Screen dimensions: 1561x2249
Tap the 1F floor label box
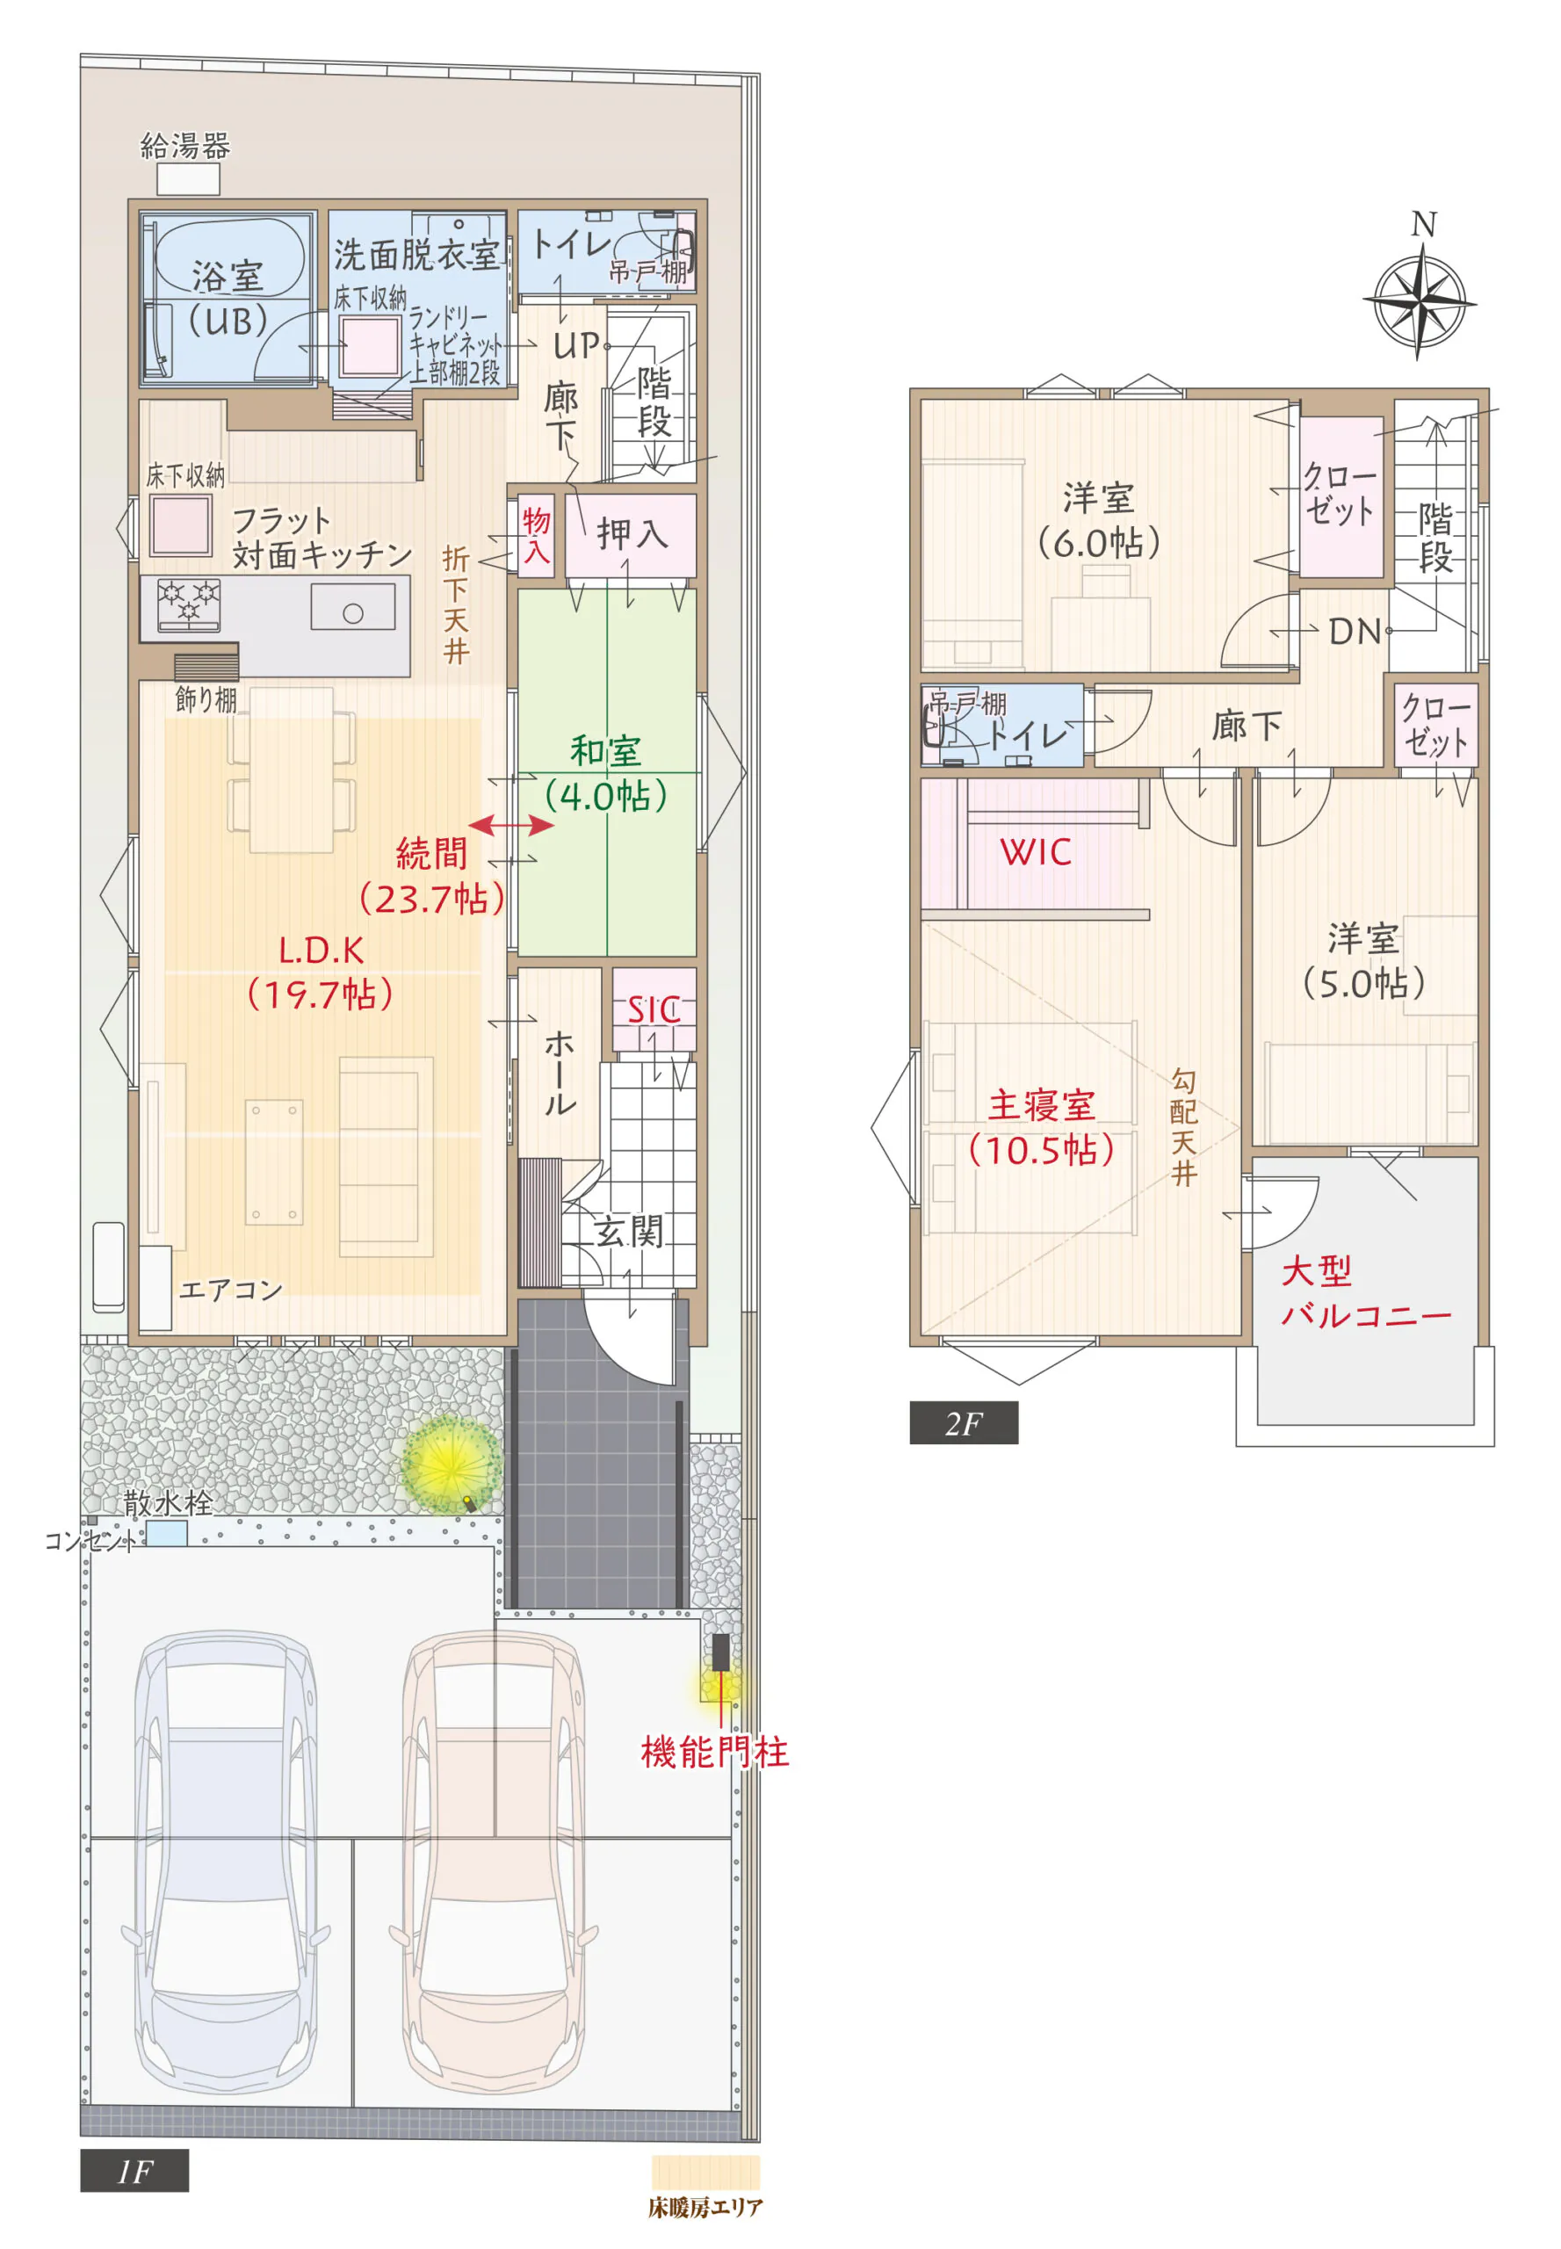pos(134,2172)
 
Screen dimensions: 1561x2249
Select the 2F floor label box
pos(964,1423)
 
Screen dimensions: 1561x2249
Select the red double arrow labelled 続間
pos(512,826)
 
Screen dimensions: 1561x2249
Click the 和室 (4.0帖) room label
pos(606,774)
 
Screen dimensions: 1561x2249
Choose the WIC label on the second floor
pos(1036,852)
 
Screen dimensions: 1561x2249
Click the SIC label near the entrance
pos(654,1009)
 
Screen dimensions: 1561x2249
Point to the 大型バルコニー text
pos(1365,1293)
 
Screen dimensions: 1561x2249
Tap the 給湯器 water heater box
pos(189,179)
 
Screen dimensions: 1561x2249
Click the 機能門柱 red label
pos(715,1752)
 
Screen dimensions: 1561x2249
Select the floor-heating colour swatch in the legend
pos(705,2172)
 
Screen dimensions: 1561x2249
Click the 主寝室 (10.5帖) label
pos(1041,1128)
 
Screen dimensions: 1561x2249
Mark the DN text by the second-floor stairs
pos(1355,632)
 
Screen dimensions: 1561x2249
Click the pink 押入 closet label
pos(632,534)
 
